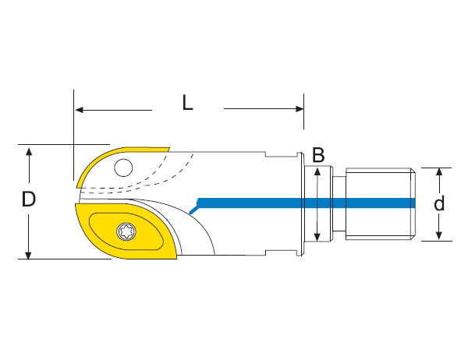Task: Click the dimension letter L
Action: (187, 103)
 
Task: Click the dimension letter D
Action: (29, 200)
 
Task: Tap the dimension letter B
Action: (317, 155)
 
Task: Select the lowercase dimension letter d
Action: (439, 204)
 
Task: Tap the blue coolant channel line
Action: (312, 203)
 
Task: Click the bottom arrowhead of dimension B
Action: (317, 237)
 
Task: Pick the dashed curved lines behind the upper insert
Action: (168, 171)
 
